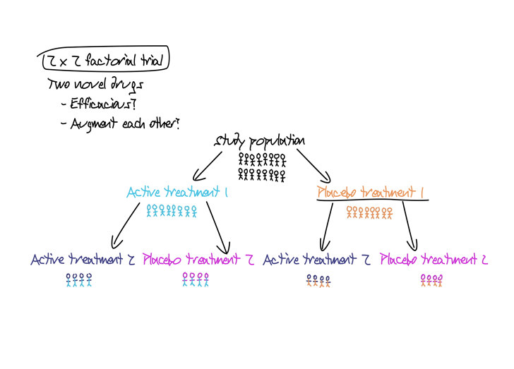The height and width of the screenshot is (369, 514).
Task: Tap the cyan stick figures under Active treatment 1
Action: click(x=172, y=211)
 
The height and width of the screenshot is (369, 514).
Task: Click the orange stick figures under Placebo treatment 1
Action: click(x=369, y=212)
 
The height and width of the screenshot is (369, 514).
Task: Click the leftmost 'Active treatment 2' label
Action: click(x=82, y=260)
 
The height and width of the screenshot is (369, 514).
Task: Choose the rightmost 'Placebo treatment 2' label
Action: click(x=434, y=260)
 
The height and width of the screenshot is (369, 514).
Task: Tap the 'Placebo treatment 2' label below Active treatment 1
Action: click(x=198, y=260)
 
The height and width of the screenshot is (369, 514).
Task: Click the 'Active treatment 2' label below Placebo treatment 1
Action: click(x=317, y=260)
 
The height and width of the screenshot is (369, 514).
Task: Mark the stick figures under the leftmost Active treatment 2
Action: click(x=78, y=280)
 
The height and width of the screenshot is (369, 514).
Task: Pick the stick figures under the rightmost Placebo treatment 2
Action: click(x=431, y=280)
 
